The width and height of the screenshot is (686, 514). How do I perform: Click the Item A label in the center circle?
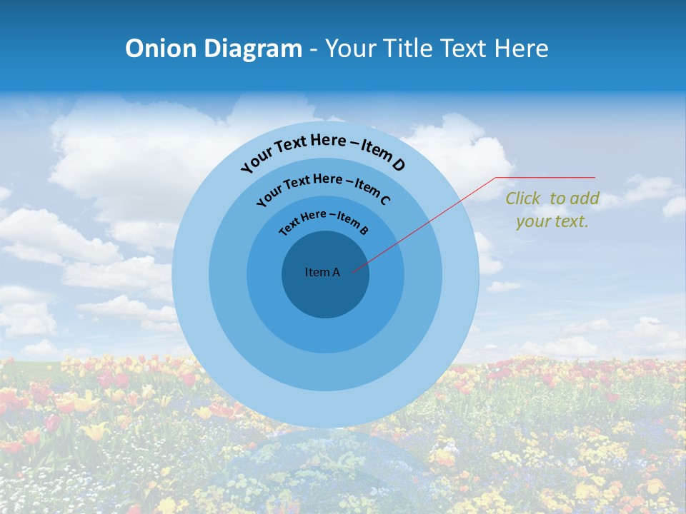pos(322,272)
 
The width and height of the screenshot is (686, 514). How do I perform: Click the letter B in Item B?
pos(364,230)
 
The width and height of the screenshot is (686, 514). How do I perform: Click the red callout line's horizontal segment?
pos(546,177)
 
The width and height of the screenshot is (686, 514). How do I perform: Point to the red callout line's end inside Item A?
pos(353,271)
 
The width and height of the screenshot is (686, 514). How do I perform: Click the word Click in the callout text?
pos(524,198)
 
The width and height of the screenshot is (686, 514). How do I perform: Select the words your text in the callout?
pos(552,221)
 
